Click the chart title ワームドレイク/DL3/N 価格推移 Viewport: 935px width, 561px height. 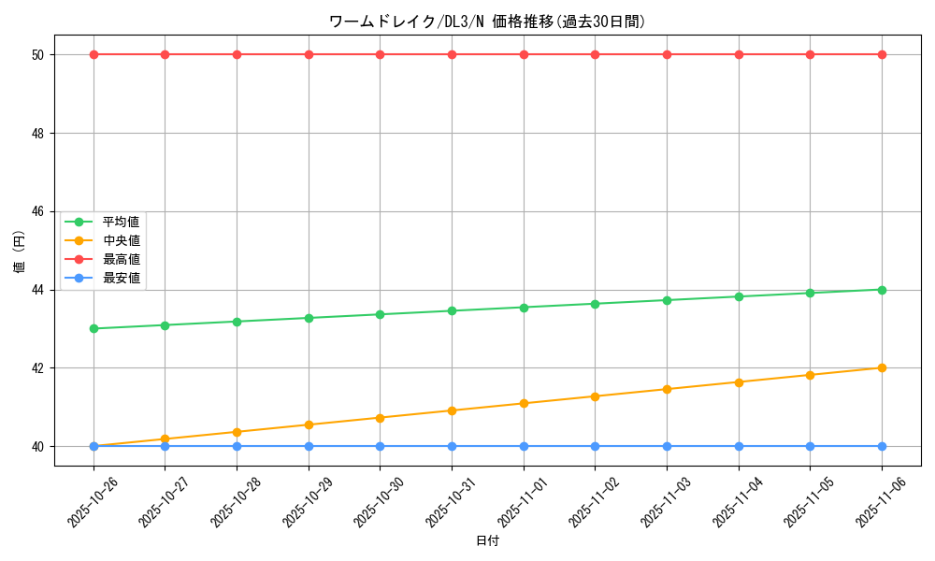click(487, 22)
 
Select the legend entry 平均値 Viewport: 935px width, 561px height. click(121, 222)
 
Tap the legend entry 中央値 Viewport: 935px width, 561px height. click(121, 240)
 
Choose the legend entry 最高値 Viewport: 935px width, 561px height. click(121, 259)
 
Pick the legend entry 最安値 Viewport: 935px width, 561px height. click(121, 278)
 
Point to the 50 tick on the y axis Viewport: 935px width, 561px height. click(37, 54)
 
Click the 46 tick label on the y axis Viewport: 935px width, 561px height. click(37, 211)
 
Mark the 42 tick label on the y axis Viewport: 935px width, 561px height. click(37, 367)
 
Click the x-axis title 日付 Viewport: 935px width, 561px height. click(487, 541)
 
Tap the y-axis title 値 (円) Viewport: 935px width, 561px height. click(19, 251)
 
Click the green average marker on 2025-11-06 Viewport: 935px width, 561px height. click(882, 290)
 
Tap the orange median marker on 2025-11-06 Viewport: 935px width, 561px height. click(882, 367)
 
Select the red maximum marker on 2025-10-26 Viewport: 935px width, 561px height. click(93, 54)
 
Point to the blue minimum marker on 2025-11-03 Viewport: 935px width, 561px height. click(667, 446)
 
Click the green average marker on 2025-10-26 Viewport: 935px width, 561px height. click(93, 328)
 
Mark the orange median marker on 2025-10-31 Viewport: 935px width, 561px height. click(452, 410)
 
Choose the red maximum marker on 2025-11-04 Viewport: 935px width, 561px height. click(739, 54)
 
